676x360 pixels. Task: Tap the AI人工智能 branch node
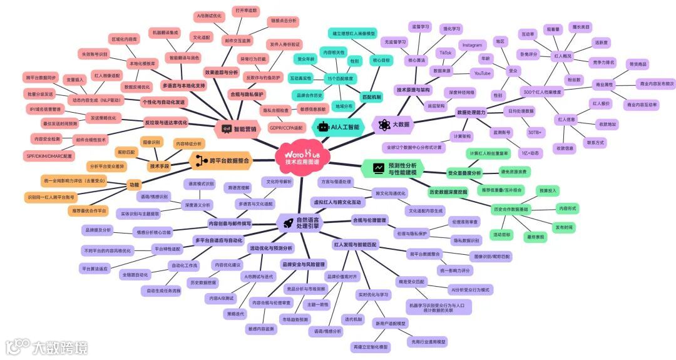[339, 126]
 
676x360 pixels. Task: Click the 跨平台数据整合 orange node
[222, 161]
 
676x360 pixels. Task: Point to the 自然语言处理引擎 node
[303, 222]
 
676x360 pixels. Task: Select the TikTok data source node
[445, 53]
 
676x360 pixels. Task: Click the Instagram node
[472, 46]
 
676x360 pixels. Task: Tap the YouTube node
[482, 73]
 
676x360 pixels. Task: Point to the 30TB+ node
[535, 133]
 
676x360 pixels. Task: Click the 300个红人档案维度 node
[543, 92]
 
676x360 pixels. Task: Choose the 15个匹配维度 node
[341, 79]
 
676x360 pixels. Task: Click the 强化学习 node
[451, 29]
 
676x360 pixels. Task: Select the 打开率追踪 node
[245, 11]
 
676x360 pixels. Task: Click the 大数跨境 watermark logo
[48, 346]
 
